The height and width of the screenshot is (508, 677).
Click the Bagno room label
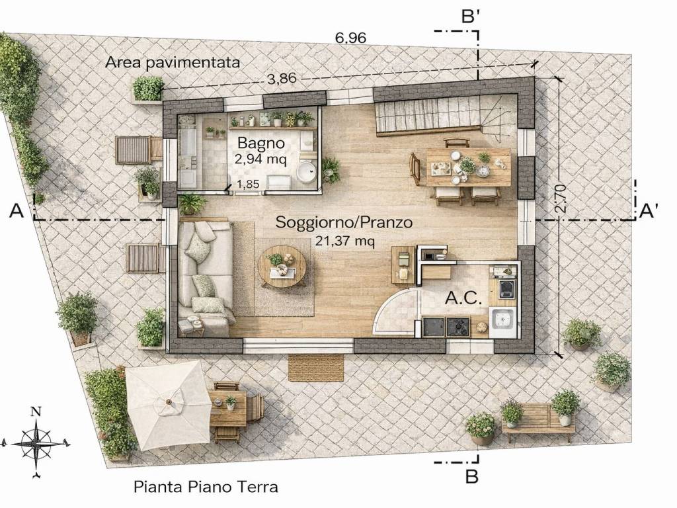260,143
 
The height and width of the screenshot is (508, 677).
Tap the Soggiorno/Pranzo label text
344,222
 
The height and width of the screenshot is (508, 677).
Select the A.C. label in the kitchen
463,298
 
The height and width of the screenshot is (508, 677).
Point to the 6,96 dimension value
350,38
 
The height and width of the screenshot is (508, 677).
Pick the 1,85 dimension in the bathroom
249,185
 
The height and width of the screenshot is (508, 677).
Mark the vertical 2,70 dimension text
560,198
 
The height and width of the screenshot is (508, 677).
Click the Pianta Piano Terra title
206,487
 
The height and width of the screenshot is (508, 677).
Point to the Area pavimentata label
173,63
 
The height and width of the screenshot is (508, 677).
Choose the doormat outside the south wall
317,368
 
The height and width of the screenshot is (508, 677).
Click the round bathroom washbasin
307,172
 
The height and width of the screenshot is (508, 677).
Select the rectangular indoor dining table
469,167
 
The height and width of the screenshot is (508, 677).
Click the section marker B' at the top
471,17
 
